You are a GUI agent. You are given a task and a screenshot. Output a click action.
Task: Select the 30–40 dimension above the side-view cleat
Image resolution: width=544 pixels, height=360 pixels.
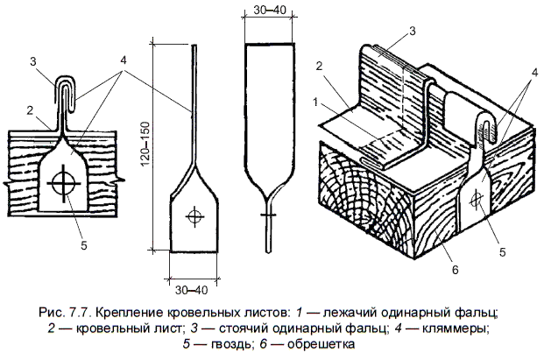coord(268,9)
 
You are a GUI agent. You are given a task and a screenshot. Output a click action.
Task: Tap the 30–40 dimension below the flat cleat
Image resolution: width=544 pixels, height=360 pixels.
coord(191,289)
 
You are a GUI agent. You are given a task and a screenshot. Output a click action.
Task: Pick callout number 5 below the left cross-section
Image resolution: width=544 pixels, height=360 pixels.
coord(83,244)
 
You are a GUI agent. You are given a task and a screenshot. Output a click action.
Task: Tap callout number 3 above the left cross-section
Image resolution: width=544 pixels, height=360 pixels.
coord(32,61)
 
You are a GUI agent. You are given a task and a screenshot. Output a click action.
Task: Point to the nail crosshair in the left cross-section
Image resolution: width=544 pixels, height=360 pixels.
coord(62,184)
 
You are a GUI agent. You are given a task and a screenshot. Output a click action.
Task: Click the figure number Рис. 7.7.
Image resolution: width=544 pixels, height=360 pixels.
coord(67,312)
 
